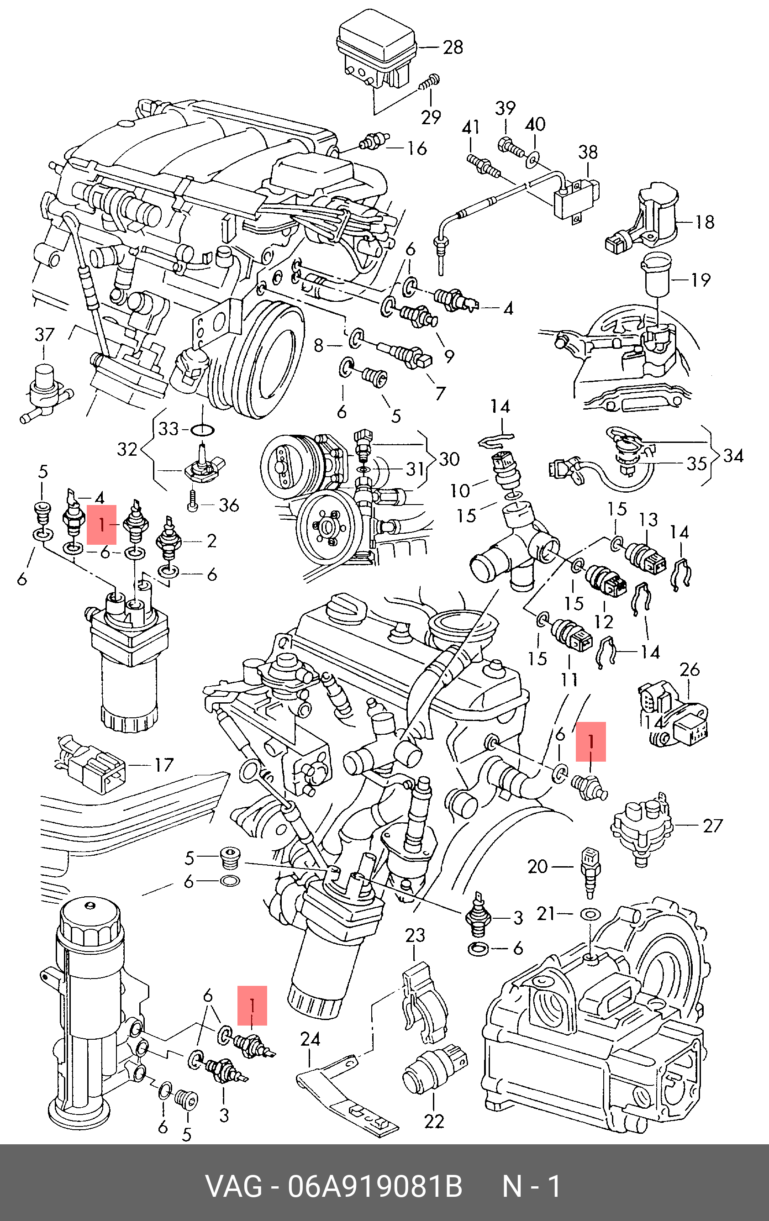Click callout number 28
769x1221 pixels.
coord(453,47)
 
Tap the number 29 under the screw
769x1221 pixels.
coord(431,117)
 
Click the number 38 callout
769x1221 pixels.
coord(588,152)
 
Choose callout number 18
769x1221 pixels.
coord(704,221)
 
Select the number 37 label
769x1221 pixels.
coord(44,335)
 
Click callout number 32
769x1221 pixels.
coord(127,449)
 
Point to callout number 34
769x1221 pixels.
coord(733,455)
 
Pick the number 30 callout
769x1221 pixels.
coord(448,459)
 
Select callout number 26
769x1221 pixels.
coord(690,669)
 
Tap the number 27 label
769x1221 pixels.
coord(712,826)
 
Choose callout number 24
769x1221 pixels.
coord(310,1039)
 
